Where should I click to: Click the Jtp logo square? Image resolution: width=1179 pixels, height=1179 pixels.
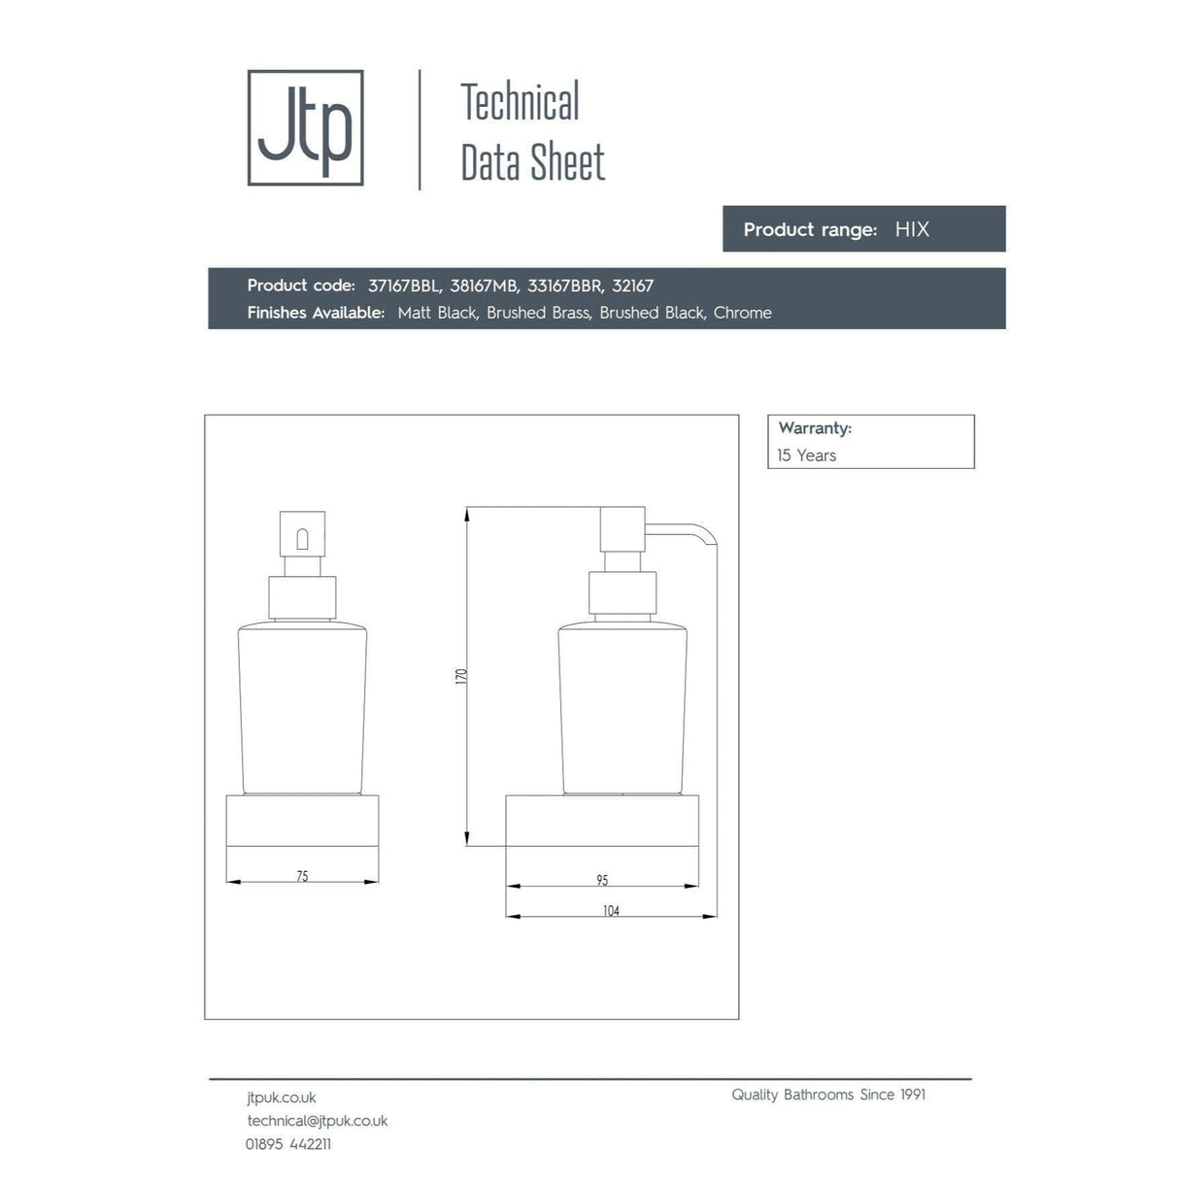pyautogui.click(x=305, y=127)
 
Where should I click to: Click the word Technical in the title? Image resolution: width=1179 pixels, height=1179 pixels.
pyautogui.click(x=520, y=102)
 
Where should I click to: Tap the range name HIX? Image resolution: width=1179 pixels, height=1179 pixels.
pyautogui.click(x=912, y=230)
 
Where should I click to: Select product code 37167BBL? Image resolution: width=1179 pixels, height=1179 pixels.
pyautogui.click(x=404, y=286)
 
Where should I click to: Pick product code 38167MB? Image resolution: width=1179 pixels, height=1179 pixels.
pyautogui.click(x=484, y=286)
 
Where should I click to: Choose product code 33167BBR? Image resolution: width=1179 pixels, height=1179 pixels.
pyautogui.click(x=565, y=286)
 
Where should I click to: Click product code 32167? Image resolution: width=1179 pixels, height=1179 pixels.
pyautogui.click(x=632, y=286)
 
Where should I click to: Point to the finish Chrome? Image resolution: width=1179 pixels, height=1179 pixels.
pyautogui.click(x=742, y=313)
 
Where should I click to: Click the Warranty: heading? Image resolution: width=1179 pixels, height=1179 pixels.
pyautogui.click(x=815, y=428)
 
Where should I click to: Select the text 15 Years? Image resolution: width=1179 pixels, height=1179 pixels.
pyautogui.click(x=806, y=455)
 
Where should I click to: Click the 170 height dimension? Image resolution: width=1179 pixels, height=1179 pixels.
pyautogui.click(x=461, y=676)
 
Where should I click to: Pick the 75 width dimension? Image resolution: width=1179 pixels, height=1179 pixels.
pyautogui.click(x=302, y=876)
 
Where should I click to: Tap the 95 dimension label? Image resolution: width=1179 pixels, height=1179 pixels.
pyautogui.click(x=602, y=880)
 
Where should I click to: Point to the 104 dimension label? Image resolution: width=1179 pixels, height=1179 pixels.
pyautogui.click(x=611, y=911)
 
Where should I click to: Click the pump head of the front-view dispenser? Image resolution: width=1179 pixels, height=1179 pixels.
pyautogui.click(x=302, y=534)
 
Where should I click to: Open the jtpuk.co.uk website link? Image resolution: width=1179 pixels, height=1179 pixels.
pyautogui.click(x=282, y=1097)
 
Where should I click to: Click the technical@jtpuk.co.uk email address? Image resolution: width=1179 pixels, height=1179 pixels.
pyautogui.click(x=318, y=1121)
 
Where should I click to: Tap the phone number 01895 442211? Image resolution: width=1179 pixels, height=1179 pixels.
pyautogui.click(x=288, y=1144)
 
